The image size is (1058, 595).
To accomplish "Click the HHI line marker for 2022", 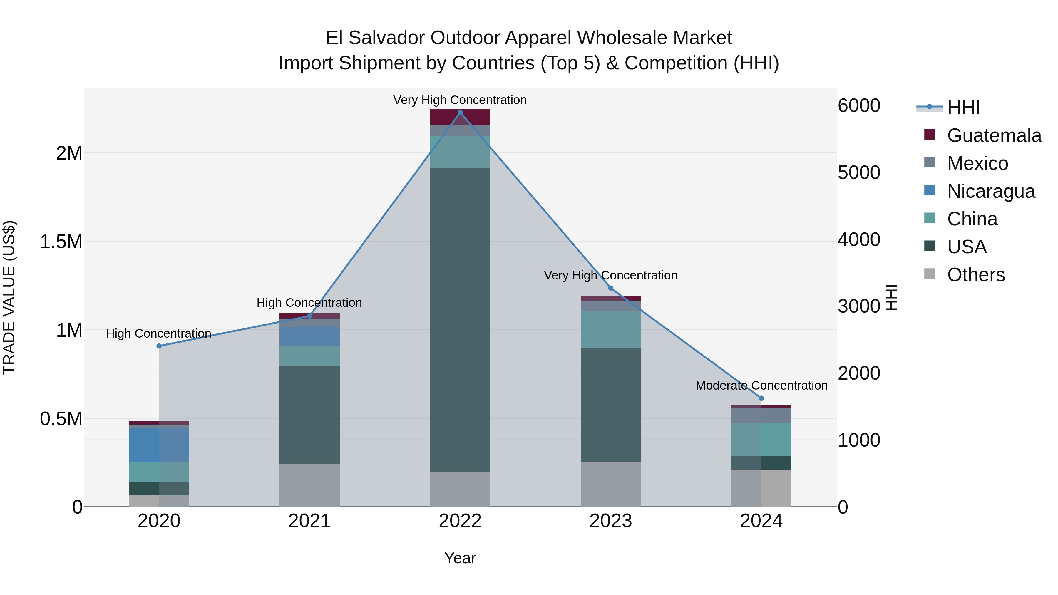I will click(x=460, y=113).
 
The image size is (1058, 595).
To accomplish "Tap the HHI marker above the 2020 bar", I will click(x=159, y=346).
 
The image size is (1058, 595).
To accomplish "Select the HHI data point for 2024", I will click(x=761, y=398).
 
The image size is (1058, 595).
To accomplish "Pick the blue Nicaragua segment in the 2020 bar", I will click(x=159, y=445).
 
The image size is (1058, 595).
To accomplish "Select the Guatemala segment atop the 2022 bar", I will click(x=460, y=117).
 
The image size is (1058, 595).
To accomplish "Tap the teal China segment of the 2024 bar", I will click(x=761, y=439).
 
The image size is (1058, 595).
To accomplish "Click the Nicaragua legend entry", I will click(x=991, y=191).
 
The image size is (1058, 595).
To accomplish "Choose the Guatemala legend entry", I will click(x=994, y=135).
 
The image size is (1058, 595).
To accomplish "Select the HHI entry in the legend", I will click(x=963, y=108).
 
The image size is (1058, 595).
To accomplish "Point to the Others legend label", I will click(x=976, y=275).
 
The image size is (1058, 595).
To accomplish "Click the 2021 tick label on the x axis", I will click(x=309, y=521).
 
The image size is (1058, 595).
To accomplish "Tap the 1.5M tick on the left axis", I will click(x=61, y=242).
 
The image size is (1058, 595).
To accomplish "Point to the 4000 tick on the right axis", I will click(x=859, y=239).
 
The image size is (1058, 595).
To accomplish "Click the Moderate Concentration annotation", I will click(x=761, y=385).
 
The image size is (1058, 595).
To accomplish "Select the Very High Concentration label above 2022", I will click(x=460, y=100).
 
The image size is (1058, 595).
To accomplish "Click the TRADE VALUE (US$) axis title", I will click(x=9, y=297).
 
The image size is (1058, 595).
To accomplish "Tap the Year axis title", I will click(x=460, y=558).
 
